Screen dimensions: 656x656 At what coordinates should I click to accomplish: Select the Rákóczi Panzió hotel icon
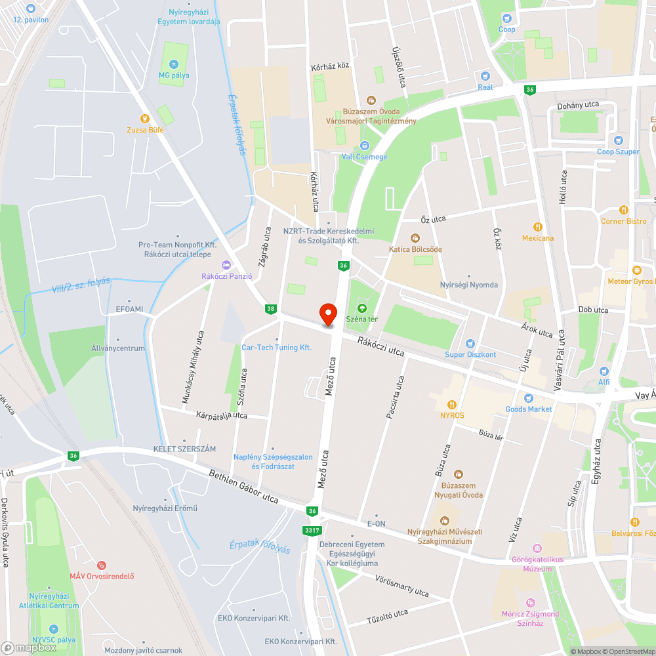(226, 264)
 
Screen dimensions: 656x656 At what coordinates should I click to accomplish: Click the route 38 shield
(270, 308)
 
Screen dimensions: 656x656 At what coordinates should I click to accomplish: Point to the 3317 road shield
(312, 529)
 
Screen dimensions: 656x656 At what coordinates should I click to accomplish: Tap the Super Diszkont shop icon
(470, 344)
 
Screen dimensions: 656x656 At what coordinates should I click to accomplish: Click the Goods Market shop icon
(529, 398)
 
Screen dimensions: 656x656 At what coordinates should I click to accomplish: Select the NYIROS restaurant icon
(452, 404)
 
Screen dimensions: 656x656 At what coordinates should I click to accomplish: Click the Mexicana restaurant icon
(538, 227)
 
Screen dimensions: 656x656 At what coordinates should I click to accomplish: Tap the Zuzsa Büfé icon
(146, 119)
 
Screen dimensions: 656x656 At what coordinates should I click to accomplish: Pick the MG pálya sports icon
(173, 64)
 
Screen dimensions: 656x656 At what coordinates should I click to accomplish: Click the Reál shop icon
(485, 76)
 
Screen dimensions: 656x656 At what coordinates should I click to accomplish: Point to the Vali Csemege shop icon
(364, 146)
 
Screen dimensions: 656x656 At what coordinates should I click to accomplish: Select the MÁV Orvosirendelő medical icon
(102, 565)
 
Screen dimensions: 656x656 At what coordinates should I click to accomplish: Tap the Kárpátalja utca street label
(221, 415)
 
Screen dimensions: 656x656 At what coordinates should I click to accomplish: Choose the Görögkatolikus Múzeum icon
(537, 548)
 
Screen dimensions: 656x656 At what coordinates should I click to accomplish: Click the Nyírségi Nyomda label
(468, 285)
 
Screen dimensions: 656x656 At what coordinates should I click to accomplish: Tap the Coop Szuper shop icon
(618, 140)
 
